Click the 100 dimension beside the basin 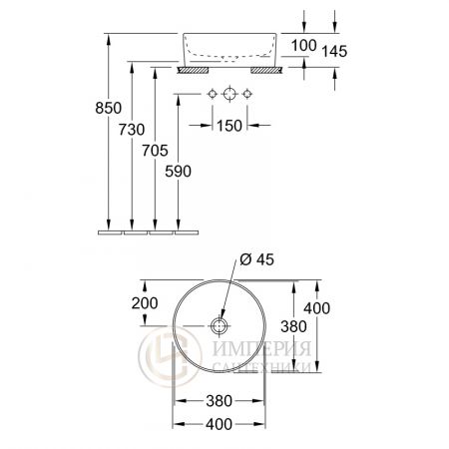click(x=304, y=45)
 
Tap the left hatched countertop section click(x=192, y=71)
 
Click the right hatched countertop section click(x=266, y=71)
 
